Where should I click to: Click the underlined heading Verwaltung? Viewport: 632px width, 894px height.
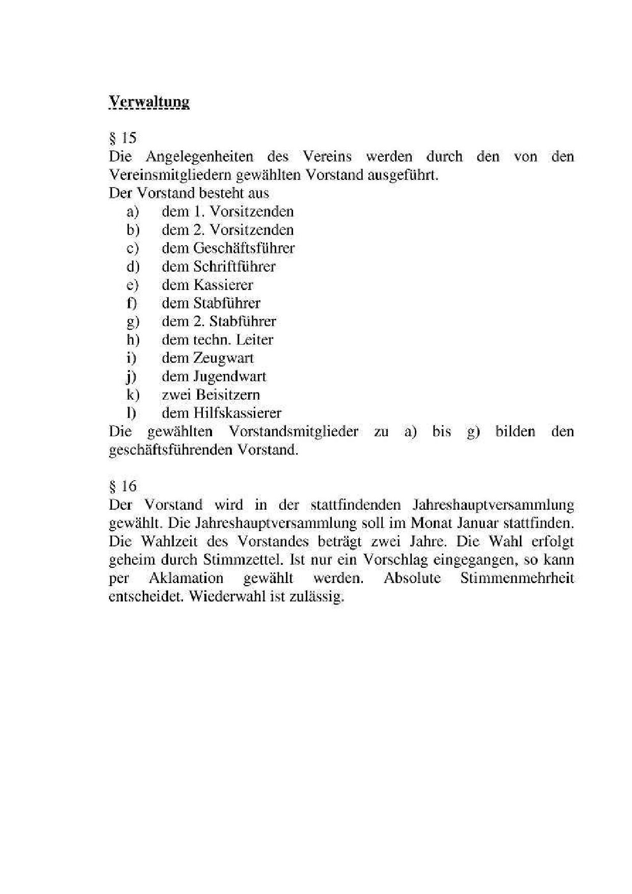[x=149, y=101]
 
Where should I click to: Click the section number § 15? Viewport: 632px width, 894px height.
[x=122, y=138]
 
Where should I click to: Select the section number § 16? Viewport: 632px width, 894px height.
[x=122, y=486]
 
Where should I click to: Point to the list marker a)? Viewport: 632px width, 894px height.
[x=133, y=212]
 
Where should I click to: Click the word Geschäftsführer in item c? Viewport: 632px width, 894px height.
[x=244, y=248]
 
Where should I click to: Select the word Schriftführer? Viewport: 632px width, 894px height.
[x=234, y=267]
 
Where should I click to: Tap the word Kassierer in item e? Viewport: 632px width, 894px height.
[x=223, y=285]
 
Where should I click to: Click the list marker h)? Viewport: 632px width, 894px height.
[x=133, y=340]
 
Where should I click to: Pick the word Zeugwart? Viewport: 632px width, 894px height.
[x=223, y=358]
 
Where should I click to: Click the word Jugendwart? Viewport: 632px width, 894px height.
[x=229, y=377]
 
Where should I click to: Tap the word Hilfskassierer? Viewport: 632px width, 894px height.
[x=237, y=413]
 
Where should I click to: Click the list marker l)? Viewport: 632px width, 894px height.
[x=131, y=413]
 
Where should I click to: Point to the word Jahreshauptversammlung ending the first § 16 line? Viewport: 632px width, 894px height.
[x=491, y=505]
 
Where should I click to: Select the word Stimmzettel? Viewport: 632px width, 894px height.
[x=242, y=560]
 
